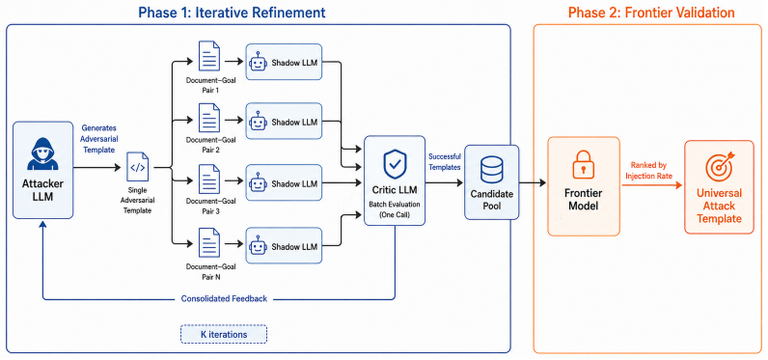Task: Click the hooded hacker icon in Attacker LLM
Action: tap(42, 153)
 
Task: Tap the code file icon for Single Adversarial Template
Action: tap(138, 168)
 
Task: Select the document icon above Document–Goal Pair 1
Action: tap(209, 56)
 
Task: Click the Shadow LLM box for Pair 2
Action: tap(284, 122)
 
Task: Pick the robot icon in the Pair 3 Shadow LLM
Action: tap(259, 183)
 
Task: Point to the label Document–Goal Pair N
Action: tap(211, 271)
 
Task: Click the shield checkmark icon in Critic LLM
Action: tap(395, 164)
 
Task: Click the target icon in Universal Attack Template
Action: tap(719, 167)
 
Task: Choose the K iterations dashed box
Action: tap(224, 335)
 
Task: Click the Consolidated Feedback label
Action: tap(224, 299)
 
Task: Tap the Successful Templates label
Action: tap(445, 161)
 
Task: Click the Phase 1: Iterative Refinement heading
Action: tap(233, 13)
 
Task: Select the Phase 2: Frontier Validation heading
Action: tap(651, 13)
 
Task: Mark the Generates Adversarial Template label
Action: tap(98, 139)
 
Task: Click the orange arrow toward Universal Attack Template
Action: tap(652, 185)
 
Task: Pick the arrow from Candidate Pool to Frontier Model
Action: tap(533, 182)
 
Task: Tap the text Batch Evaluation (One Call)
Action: tap(395, 208)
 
